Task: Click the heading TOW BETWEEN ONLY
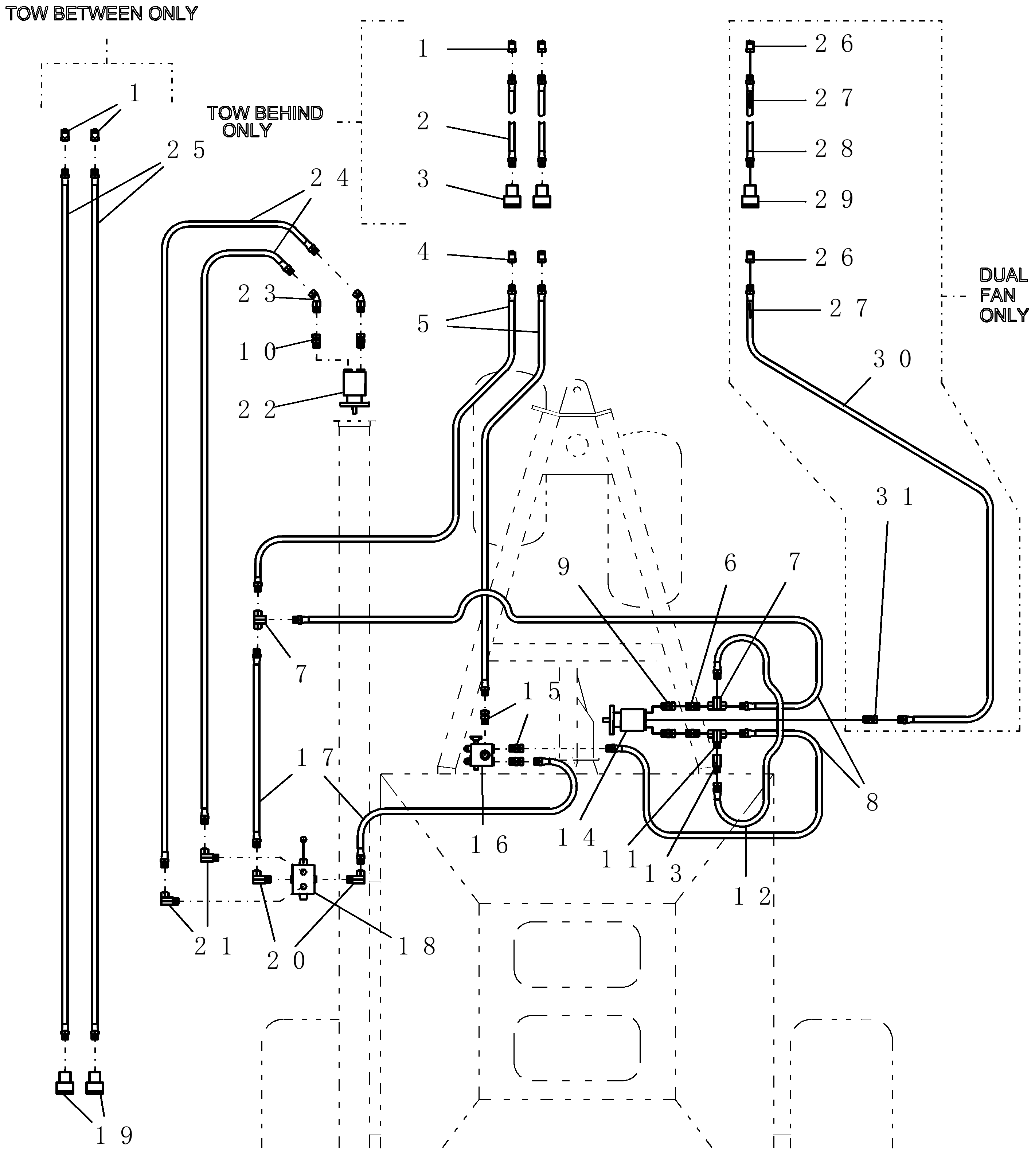[x=101, y=13]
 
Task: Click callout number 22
[x=257, y=409]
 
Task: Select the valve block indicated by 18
[x=302, y=879]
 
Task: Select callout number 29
[x=834, y=199]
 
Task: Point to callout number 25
[x=186, y=150]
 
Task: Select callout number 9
[x=563, y=567]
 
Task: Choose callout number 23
[x=257, y=294]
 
